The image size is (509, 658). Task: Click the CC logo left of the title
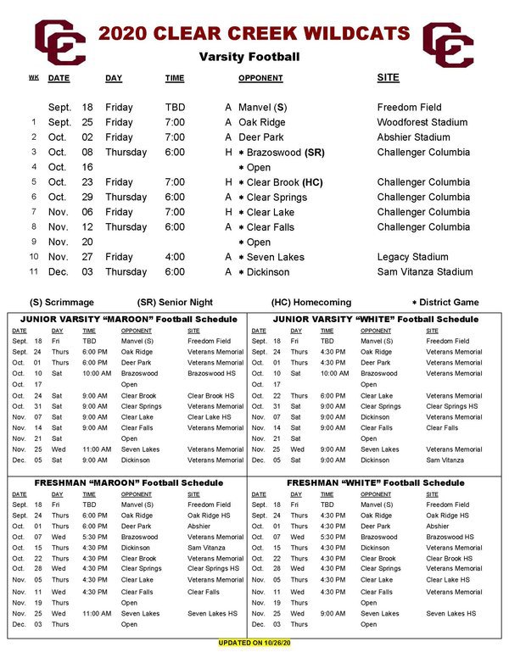[59, 42]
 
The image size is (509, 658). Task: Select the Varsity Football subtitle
[249, 58]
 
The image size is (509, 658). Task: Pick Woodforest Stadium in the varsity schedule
[422, 122]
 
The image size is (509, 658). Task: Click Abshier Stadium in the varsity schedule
[413, 137]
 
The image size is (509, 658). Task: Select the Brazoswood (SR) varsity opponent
[286, 153]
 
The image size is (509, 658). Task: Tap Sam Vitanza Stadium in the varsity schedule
[424, 272]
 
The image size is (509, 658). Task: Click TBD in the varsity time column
[175, 108]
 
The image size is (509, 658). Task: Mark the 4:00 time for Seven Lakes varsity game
[175, 257]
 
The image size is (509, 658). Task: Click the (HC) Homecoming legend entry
[310, 302]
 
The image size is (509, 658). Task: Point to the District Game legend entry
[445, 302]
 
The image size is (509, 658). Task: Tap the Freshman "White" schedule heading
[376, 482]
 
